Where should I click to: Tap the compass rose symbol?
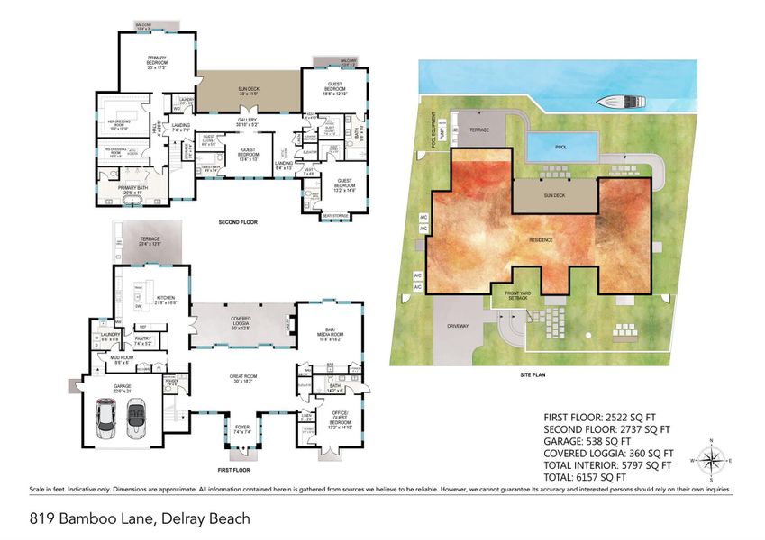[712, 463]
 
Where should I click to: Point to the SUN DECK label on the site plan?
[553, 193]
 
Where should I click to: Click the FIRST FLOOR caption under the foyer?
[233, 469]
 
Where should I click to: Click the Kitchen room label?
[165, 300]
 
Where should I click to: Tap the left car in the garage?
[108, 418]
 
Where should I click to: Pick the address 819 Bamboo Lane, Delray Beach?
[126, 518]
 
